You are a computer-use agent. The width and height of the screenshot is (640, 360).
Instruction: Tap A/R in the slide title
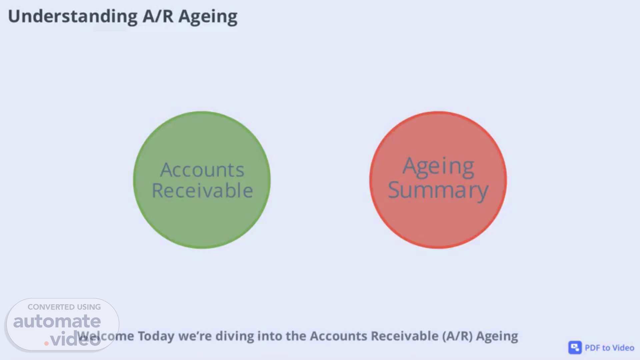158,16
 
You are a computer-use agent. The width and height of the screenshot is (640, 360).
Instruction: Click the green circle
202,180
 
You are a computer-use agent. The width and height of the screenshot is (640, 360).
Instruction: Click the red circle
438,180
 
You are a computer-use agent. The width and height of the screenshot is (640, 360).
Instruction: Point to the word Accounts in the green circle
202,170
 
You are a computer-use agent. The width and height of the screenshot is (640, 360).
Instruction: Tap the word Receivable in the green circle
202,190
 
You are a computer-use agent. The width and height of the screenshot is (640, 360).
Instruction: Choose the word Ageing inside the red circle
438,167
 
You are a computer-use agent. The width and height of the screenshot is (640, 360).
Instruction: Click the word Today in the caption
156,336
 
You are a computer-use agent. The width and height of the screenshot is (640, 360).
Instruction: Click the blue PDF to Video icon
575,348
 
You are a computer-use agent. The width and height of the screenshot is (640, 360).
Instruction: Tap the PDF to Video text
609,348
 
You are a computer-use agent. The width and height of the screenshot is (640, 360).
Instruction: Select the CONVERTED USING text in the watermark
64,307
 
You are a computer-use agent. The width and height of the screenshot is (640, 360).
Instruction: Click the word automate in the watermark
57,321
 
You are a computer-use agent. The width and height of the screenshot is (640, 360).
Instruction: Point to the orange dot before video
46,343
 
